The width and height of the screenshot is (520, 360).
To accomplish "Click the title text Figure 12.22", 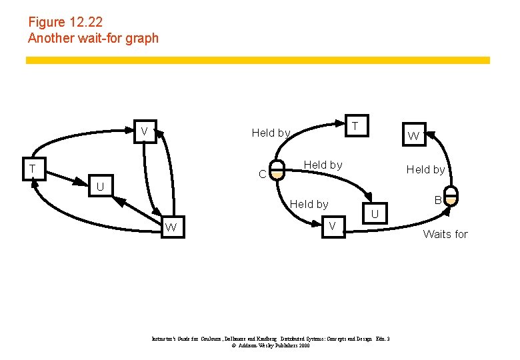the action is pyautogui.click(x=65, y=22).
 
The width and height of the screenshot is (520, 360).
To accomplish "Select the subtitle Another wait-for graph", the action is pyautogui.click(x=93, y=38).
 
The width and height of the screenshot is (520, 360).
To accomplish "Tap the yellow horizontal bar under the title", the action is pyautogui.click(x=257, y=60).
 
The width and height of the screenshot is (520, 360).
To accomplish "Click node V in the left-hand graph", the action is pyautogui.click(x=143, y=130).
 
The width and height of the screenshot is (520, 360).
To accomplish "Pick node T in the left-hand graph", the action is pyautogui.click(x=31, y=169).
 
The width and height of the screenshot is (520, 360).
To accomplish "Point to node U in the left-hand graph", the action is pyautogui.click(x=100, y=187).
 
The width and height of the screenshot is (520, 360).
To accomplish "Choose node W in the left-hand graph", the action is pyautogui.click(x=171, y=227).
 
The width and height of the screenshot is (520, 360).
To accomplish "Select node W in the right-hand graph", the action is pyautogui.click(x=413, y=136).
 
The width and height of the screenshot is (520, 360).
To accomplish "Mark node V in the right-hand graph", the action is pyautogui.click(x=332, y=227).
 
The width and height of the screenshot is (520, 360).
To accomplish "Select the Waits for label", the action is pyautogui.click(x=445, y=234).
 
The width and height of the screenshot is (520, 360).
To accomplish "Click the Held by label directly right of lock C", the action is pyautogui.click(x=323, y=165).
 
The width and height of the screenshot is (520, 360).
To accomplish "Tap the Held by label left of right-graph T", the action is pyautogui.click(x=271, y=133).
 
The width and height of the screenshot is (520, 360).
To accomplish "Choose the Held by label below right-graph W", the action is pyautogui.click(x=425, y=169).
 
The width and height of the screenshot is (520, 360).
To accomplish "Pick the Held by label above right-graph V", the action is pyautogui.click(x=309, y=204).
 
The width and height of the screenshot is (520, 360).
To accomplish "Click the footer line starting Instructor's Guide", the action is pyautogui.click(x=271, y=339).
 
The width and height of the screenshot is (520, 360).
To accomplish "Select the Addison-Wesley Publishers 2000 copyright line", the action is pyautogui.click(x=271, y=346).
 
